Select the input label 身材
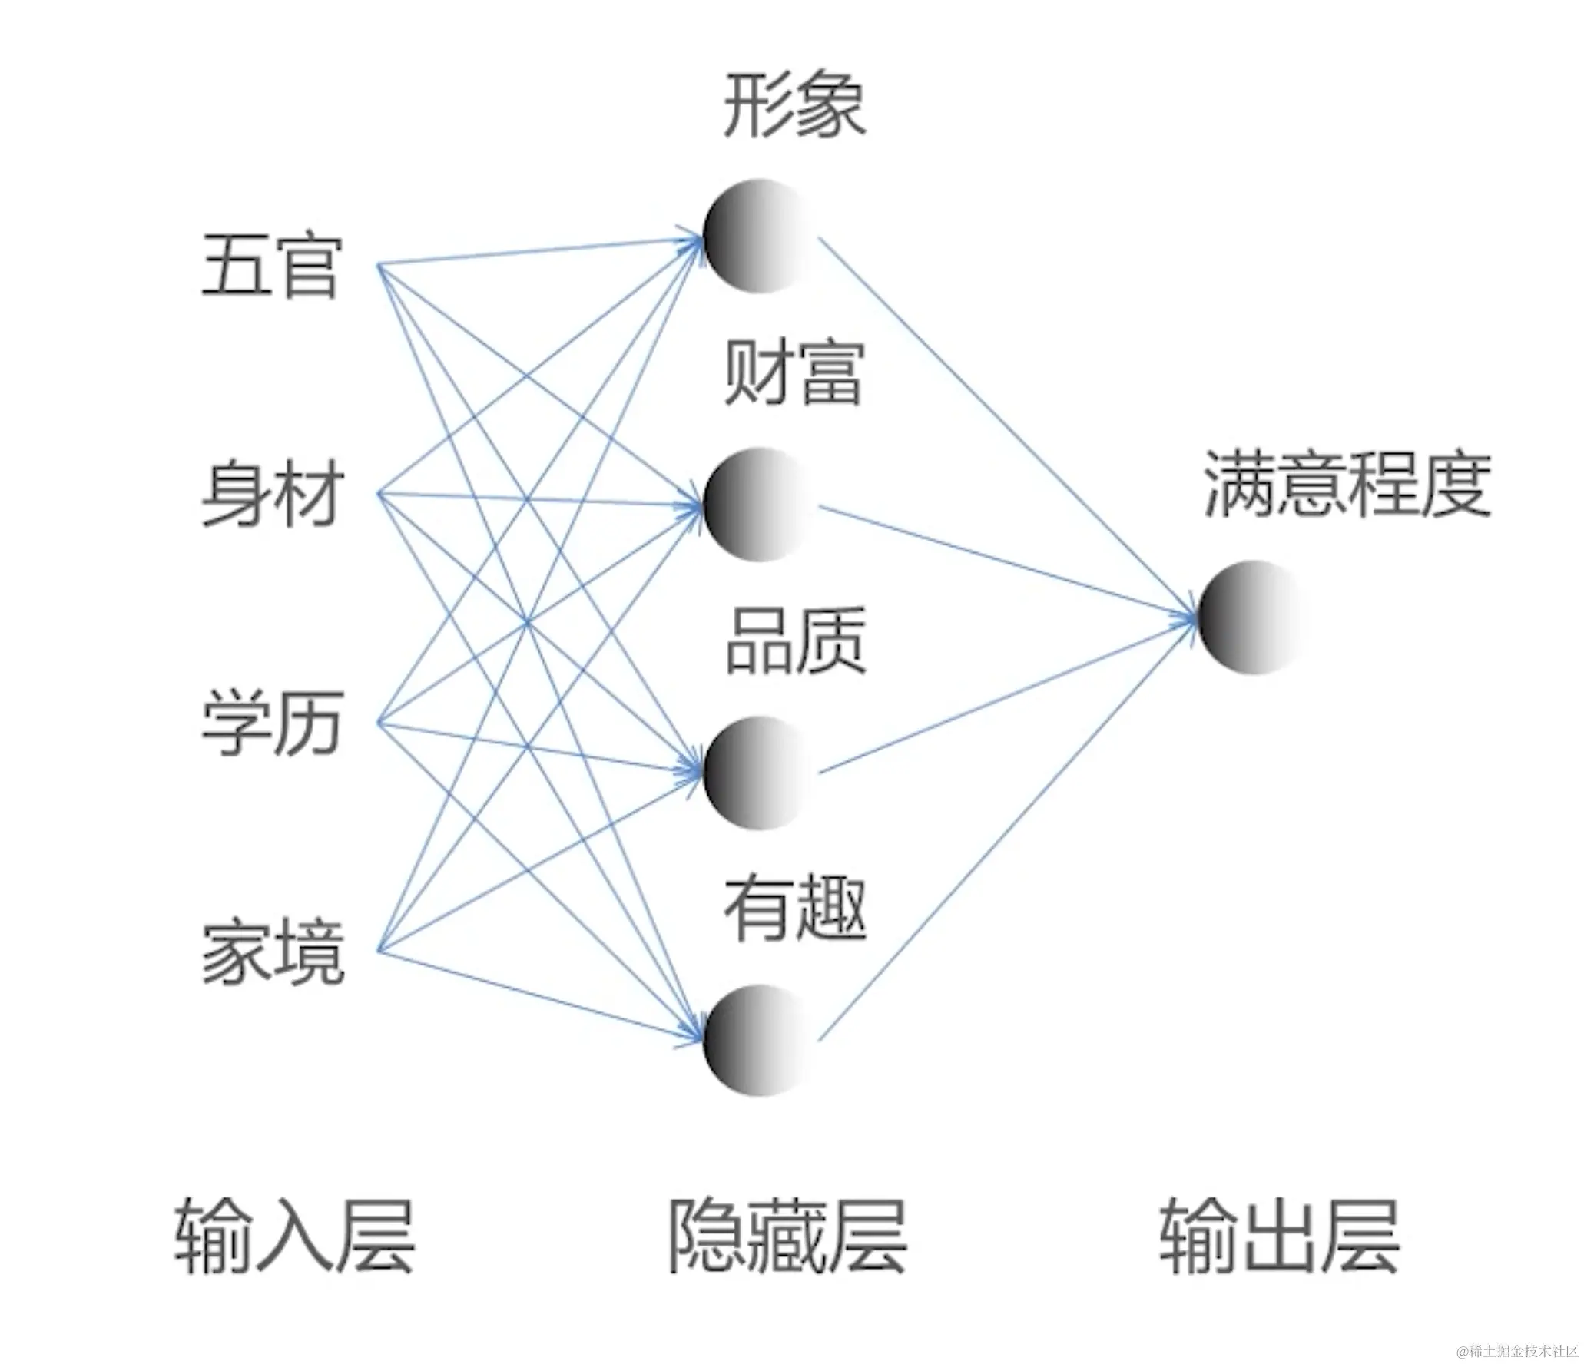click(x=272, y=496)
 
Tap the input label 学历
click(x=272, y=723)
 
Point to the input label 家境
click(x=272, y=952)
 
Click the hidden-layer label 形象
click(x=794, y=105)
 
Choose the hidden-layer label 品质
click(x=796, y=641)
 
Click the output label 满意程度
click(x=1347, y=484)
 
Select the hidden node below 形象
click(x=757, y=236)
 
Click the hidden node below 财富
click(x=757, y=505)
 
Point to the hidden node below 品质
click(x=757, y=772)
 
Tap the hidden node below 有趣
click(x=757, y=1040)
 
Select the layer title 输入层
click(x=294, y=1237)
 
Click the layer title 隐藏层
click(x=787, y=1237)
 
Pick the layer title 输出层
click(x=1279, y=1237)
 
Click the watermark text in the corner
click(x=1516, y=1349)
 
